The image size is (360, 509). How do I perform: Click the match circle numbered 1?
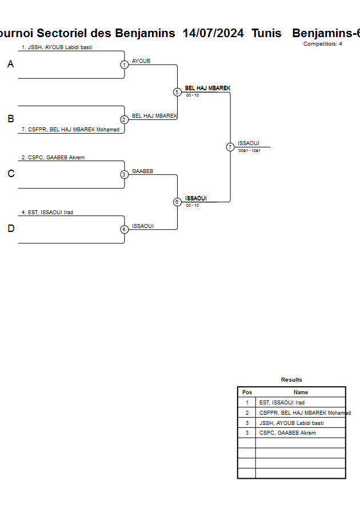point(124,65)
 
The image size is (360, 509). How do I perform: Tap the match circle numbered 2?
point(124,119)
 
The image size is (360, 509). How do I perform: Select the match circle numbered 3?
point(124,175)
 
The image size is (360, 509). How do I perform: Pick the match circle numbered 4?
point(124,230)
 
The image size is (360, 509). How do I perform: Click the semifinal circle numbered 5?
point(177,92)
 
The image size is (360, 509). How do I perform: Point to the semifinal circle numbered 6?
point(177,202)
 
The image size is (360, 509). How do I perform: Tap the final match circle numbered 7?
point(230,147)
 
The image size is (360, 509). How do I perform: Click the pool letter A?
point(10,65)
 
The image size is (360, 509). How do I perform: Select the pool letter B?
point(10,119)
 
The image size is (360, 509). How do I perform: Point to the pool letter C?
point(10,174)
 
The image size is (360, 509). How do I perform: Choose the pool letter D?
point(10,229)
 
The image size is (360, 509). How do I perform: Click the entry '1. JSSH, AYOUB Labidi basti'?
point(57,47)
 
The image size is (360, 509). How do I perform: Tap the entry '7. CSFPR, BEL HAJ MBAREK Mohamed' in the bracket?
point(70,130)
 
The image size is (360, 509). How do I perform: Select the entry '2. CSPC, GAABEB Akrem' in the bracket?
point(53,158)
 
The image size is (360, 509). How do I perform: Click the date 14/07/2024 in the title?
point(213,33)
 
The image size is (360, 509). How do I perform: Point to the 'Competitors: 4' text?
point(323,44)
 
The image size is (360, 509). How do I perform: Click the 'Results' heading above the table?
point(291,380)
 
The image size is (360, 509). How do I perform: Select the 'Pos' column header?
point(247,392)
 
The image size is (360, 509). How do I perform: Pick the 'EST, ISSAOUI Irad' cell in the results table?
point(282,403)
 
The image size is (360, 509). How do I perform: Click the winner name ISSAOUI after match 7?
point(249,143)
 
